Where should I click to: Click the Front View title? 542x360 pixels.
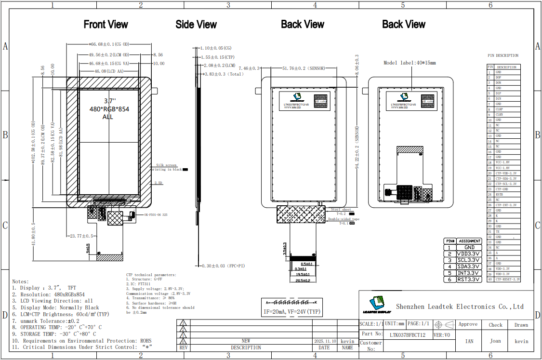click(x=106, y=25)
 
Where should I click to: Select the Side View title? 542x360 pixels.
click(x=196, y=25)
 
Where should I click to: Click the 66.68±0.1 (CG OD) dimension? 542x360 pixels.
click(x=109, y=44)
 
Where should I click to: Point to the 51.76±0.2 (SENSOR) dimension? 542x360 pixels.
click(x=304, y=69)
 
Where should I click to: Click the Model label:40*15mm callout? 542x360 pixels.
click(x=410, y=63)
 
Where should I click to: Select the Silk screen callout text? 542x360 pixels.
click(x=166, y=165)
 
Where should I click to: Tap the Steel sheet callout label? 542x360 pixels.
click(x=341, y=210)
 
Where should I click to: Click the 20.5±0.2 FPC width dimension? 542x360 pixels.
click(x=303, y=280)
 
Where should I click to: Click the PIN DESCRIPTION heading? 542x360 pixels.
click(x=503, y=56)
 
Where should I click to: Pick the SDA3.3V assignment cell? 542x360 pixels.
click(x=469, y=267)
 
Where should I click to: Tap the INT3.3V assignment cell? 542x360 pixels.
click(x=469, y=273)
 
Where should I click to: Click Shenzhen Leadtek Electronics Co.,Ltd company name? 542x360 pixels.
click(x=460, y=307)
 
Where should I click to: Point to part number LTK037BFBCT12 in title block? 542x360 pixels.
click(x=407, y=334)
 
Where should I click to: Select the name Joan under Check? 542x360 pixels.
click(x=495, y=341)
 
